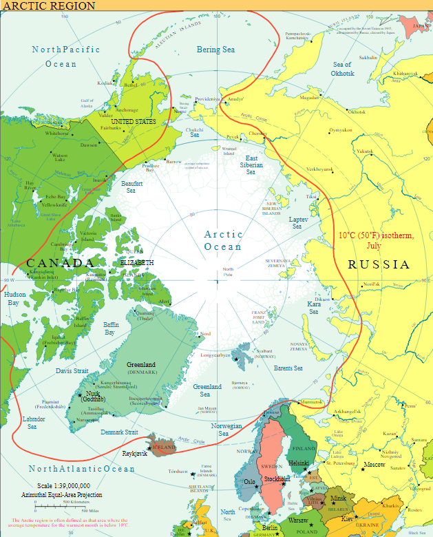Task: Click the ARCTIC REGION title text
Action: click(x=49, y=6)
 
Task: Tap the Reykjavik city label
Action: click(x=135, y=454)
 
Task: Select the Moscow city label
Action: click(x=374, y=465)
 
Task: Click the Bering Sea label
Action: click(x=216, y=50)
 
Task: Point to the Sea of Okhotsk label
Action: click(x=343, y=69)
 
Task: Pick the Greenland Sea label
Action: click(x=207, y=390)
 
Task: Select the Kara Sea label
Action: click(x=313, y=308)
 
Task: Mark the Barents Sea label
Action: click(x=288, y=368)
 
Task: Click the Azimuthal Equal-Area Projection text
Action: click(x=62, y=495)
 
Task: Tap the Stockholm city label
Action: click(x=276, y=478)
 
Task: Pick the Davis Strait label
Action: click(x=72, y=370)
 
